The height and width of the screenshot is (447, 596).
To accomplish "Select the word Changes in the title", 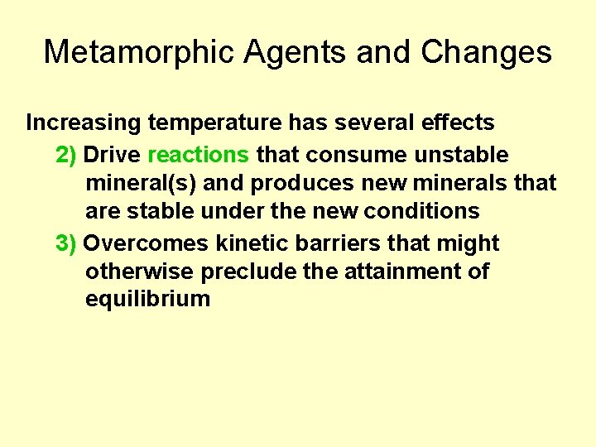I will (x=486, y=52).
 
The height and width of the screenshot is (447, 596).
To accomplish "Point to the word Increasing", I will (x=84, y=123).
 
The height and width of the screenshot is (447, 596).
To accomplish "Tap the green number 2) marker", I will (x=66, y=155).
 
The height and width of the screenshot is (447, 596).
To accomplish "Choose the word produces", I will (x=287, y=183).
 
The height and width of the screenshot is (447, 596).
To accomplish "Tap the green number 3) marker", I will (x=66, y=243).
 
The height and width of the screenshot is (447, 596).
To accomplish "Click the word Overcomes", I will (x=147, y=243).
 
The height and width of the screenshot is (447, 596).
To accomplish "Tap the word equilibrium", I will (x=147, y=299).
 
